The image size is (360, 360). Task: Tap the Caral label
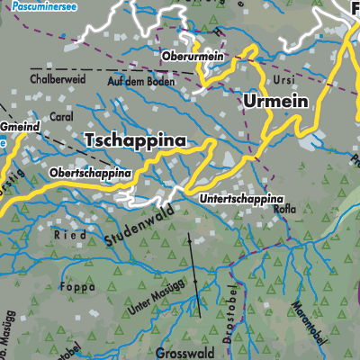[61, 117]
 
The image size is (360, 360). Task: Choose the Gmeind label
[20, 127]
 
